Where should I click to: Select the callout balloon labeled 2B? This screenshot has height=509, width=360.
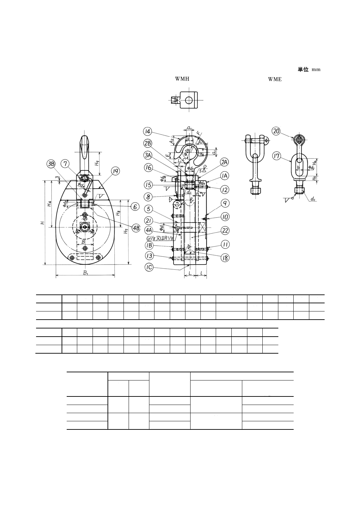pos(147,143)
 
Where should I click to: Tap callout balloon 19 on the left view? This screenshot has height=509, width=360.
pos(116,171)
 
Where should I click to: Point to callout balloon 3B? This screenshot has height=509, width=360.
pos(51,164)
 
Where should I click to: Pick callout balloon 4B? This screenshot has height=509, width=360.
pos(136,228)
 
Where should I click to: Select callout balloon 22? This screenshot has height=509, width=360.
pos(225,231)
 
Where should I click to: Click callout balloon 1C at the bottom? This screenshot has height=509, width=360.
pos(149,268)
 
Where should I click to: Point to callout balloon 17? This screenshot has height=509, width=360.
pos(276,156)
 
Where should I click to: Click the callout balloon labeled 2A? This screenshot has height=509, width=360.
pos(224,162)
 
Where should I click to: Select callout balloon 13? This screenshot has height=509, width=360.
pos(149,256)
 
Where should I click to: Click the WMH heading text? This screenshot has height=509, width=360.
pos(182,79)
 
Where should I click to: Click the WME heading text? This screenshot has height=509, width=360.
pos(275,80)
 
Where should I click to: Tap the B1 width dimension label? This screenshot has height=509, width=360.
pos(85,272)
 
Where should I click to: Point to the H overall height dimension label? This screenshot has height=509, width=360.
pos(42,223)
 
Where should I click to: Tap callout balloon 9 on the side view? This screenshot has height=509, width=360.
pos(225,203)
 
